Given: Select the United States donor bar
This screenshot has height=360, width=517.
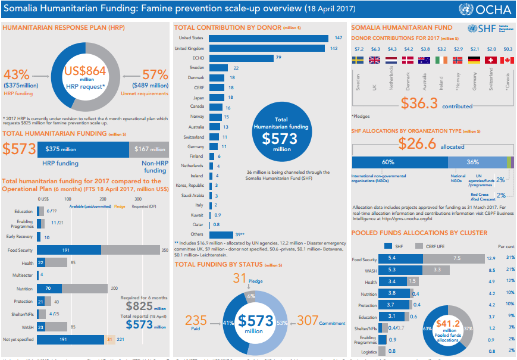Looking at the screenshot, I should pyautogui.click(x=268, y=38).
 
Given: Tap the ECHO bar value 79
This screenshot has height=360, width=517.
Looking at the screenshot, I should pyautogui.click(x=278, y=58).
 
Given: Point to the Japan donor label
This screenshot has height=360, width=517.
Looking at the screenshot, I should pyautogui.click(x=198, y=98).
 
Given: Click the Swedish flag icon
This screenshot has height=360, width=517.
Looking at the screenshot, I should pyautogui.click(x=359, y=60).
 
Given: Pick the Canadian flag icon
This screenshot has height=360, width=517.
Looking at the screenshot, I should pyautogui.click(x=507, y=60).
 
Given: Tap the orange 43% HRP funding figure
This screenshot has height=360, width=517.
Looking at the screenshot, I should pyautogui.click(x=17, y=75).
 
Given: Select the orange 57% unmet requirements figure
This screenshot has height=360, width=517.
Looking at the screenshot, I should pyautogui.click(x=155, y=75).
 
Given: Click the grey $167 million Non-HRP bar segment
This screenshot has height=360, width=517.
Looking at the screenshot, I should pyautogui.click(x=149, y=149).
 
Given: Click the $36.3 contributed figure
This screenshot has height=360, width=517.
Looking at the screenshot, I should pyautogui.click(x=419, y=103).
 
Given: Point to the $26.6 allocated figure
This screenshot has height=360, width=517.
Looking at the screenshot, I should pyautogui.click(x=418, y=143).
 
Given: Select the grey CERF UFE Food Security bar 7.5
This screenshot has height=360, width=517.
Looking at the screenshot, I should pyautogui.click(x=456, y=258).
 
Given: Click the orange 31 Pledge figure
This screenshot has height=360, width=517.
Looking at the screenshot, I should pyautogui.click(x=239, y=278).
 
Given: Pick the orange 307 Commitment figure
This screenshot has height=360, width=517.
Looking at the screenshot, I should pyautogui.click(x=309, y=320).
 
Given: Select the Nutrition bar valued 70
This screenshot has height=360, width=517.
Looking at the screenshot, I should pyautogui.click(x=49, y=289).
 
